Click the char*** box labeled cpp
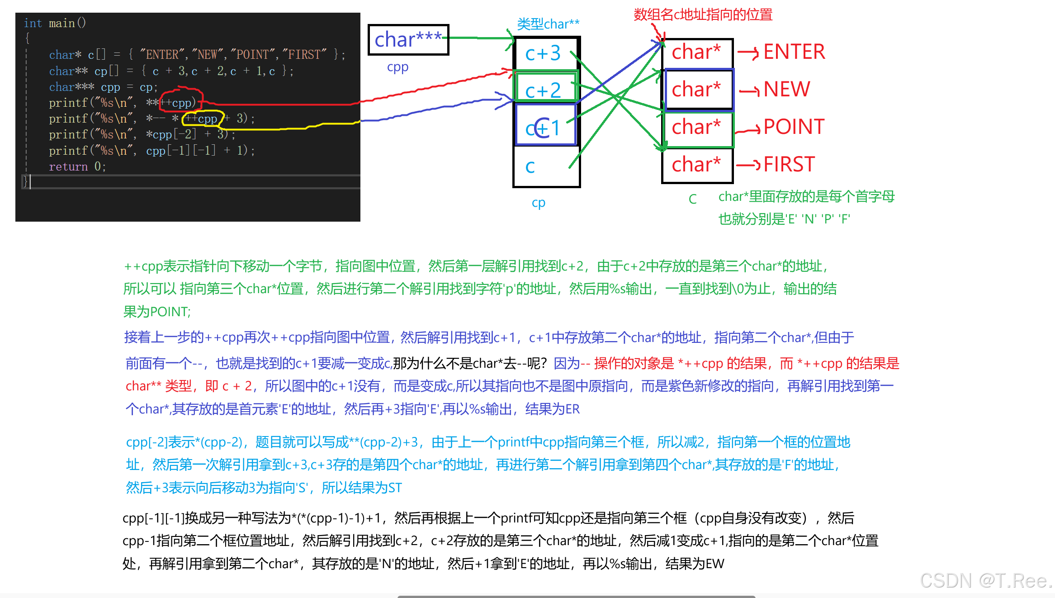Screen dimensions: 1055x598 (408, 40)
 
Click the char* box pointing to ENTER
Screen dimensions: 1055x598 (696, 52)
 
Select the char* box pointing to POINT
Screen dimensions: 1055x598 (696, 127)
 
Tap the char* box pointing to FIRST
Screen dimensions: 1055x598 (696, 165)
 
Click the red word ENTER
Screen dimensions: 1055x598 (794, 52)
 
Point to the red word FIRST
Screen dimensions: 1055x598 (789, 164)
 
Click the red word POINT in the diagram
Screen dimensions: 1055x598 (794, 127)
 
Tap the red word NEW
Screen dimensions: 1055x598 (787, 89)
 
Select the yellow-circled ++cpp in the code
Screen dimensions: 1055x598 (202, 119)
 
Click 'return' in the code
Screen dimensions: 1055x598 (68, 167)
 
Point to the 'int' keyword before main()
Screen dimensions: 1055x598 (33, 23)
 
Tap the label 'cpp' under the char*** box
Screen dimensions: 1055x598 (397, 67)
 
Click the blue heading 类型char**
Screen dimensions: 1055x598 (548, 24)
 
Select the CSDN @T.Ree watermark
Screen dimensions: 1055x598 (986, 580)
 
